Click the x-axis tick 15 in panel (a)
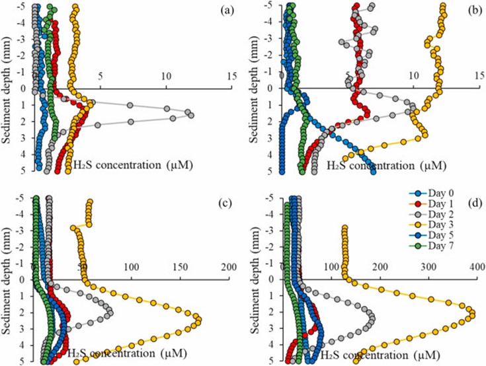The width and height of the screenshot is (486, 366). [x=231, y=76]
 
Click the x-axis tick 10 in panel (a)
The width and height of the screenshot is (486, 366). [x=166, y=76]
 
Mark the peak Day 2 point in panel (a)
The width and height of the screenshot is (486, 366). [x=191, y=115]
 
